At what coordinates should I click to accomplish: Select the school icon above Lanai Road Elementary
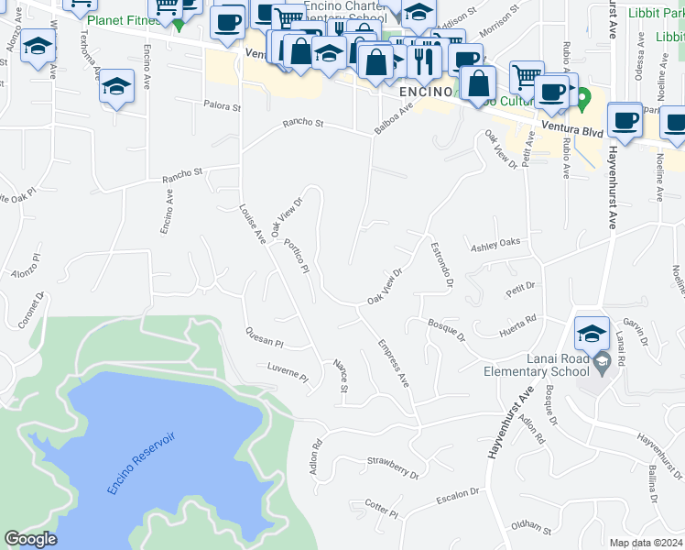(593, 331)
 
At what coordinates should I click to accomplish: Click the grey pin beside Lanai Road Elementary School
(601, 364)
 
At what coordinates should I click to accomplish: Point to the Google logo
(30, 539)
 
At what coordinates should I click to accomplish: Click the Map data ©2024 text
(646, 543)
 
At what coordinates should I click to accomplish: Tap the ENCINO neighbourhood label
(424, 93)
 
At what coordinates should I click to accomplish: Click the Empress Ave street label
(392, 363)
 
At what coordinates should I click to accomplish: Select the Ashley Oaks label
(495, 244)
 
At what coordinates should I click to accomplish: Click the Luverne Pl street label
(288, 375)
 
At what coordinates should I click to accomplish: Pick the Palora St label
(222, 106)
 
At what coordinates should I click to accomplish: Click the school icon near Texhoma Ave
(115, 87)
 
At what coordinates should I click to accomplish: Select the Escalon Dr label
(457, 495)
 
